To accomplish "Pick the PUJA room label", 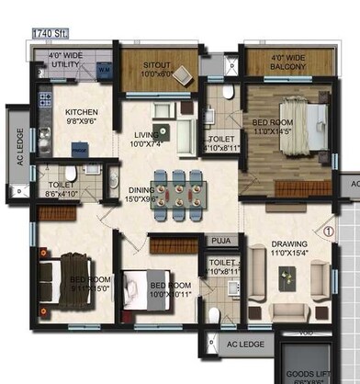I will pos(221,242).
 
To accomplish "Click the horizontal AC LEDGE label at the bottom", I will pos(245,344).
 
